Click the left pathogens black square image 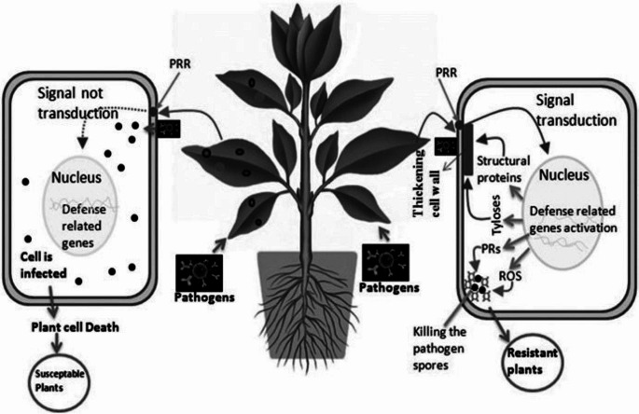click(204, 271)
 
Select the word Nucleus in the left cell click(83, 175)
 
